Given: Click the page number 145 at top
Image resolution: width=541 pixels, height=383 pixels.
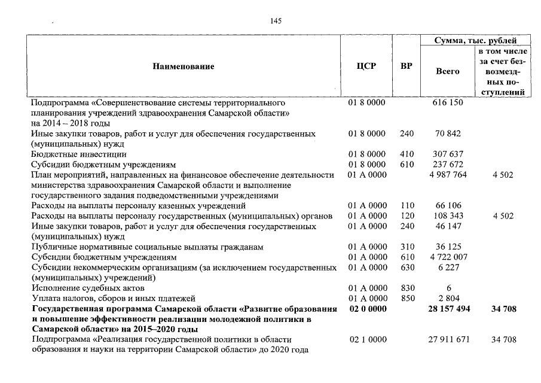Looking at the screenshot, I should pyautogui.click(x=276, y=21).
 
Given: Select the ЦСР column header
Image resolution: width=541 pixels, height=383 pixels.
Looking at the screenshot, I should pyautogui.click(x=366, y=66).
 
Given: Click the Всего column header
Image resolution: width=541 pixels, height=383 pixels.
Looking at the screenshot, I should pyautogui.click(x=448, y=71).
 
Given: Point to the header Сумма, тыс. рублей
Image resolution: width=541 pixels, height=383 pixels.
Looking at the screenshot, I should pyautogui.click(x=475, y=41).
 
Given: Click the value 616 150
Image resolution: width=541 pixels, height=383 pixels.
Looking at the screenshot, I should pyautogui.click(x=448, y=102).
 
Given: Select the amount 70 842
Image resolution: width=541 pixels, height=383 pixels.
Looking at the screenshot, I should pyautogui.click(x=448, y=133).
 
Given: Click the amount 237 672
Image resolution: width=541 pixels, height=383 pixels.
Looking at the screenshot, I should pyautogui.click(x=448, y=164).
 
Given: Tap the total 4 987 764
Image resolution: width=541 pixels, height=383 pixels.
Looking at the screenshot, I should pyautogui.click(x=448, y=175).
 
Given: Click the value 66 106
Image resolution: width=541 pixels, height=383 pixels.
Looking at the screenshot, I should pyautogui.click(x=448, y=206).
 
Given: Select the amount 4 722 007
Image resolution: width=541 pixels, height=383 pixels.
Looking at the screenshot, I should pyautogui.click(x=448, y=257).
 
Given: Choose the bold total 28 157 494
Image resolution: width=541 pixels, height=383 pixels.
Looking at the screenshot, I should pyautogui.click(x=448, y=309).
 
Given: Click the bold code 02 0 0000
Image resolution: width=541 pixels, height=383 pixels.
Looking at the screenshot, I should pyautogui.click(x=366, y=309).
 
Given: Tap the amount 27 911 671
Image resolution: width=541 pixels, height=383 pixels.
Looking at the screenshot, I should pyautogui.click(x=448, y=340).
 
